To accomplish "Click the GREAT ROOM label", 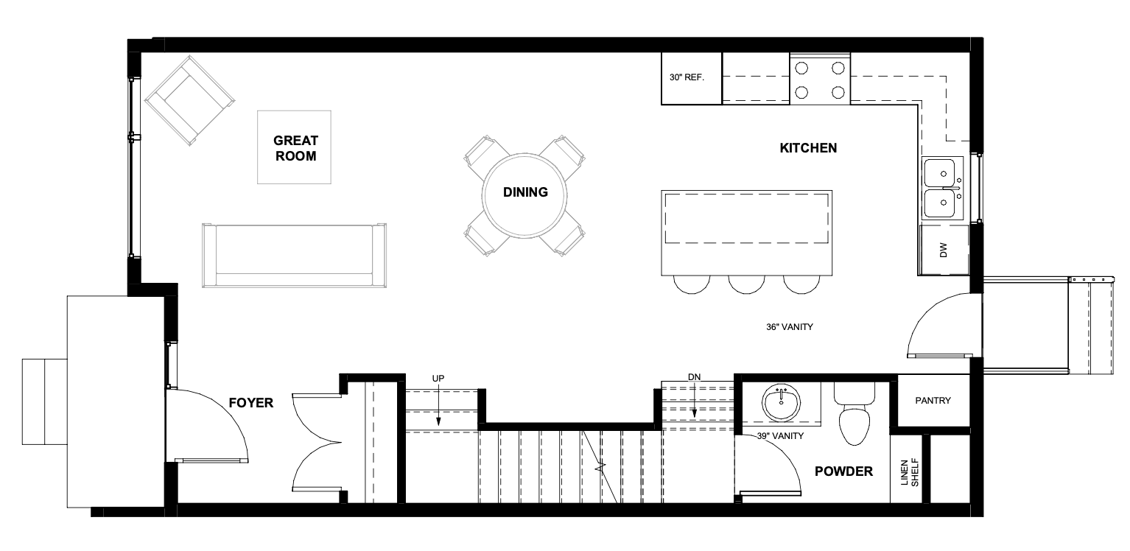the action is click(x=295, y=148).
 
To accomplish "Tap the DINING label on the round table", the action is click(x=525, y=192).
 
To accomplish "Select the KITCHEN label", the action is click(x=808, y=148).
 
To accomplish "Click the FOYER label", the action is click(x=250, y=403).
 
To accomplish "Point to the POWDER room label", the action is click(x=843, y=471).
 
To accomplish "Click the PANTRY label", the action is click(x=933, y=401).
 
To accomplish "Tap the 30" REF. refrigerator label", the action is click(x=687, y=77).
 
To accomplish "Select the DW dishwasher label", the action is click(x=944, y=250).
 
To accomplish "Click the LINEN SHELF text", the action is click(x=909, y=472).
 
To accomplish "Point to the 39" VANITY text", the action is click(x=780, y=436).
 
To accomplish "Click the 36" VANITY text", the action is click(x=790, y=327).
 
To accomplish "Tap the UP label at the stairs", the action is click(x=438, y=379).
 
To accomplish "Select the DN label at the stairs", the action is click(x=694, y=377).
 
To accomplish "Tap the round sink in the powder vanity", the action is click(x=782, y=403).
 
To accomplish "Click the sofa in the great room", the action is click(x=294, y=256).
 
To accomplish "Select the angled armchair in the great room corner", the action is click(x=189, y=100).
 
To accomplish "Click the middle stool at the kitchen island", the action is click(x=746, y=284).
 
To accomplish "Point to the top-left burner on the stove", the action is click(x=801, y=68).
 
